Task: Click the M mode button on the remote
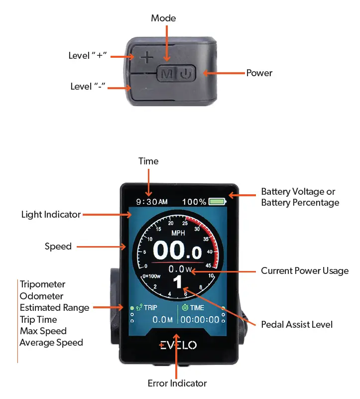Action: point(167,74)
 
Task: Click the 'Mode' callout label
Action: point(163,18)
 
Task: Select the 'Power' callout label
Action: point(259,73)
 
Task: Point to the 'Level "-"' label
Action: point(88,87)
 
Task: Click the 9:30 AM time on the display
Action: point(151,202)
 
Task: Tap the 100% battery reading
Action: point(194,202)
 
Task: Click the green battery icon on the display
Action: point(217,202)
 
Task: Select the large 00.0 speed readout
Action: point(177,251)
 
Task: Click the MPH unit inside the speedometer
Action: point(178,233)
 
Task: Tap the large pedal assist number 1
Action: point(177,283)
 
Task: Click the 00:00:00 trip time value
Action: point(200,320)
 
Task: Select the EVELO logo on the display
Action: point(178,345)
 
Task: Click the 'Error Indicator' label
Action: point(177,384)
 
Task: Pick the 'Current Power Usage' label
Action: point(305,271)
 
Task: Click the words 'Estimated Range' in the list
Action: point(55,308)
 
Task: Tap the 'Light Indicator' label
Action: point(51,215)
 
